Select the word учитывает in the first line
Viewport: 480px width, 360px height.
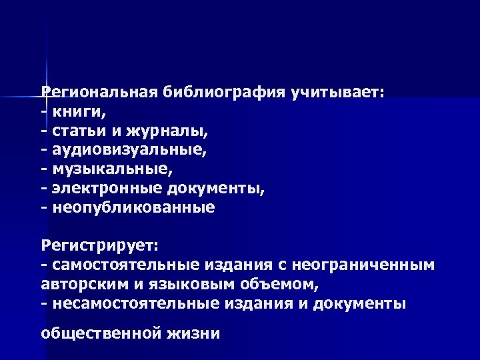click(336, 91)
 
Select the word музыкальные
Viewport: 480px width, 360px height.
click(107, 169)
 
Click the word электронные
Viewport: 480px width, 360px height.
click(107, 188)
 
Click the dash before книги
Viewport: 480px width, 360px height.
click(43, 111)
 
